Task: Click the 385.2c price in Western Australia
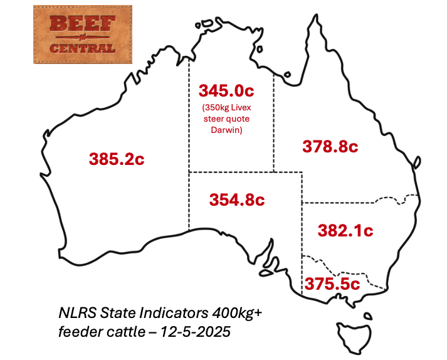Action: pyautogui.click(x=117, y=159)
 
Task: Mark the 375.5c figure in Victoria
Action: pyautogui.click(x=332, y=283)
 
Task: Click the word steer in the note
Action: pyautogui.click(x=216, y=119)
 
